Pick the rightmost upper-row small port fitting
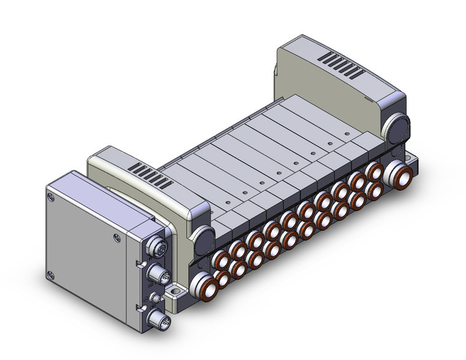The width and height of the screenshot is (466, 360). click(x=372, y=170)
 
